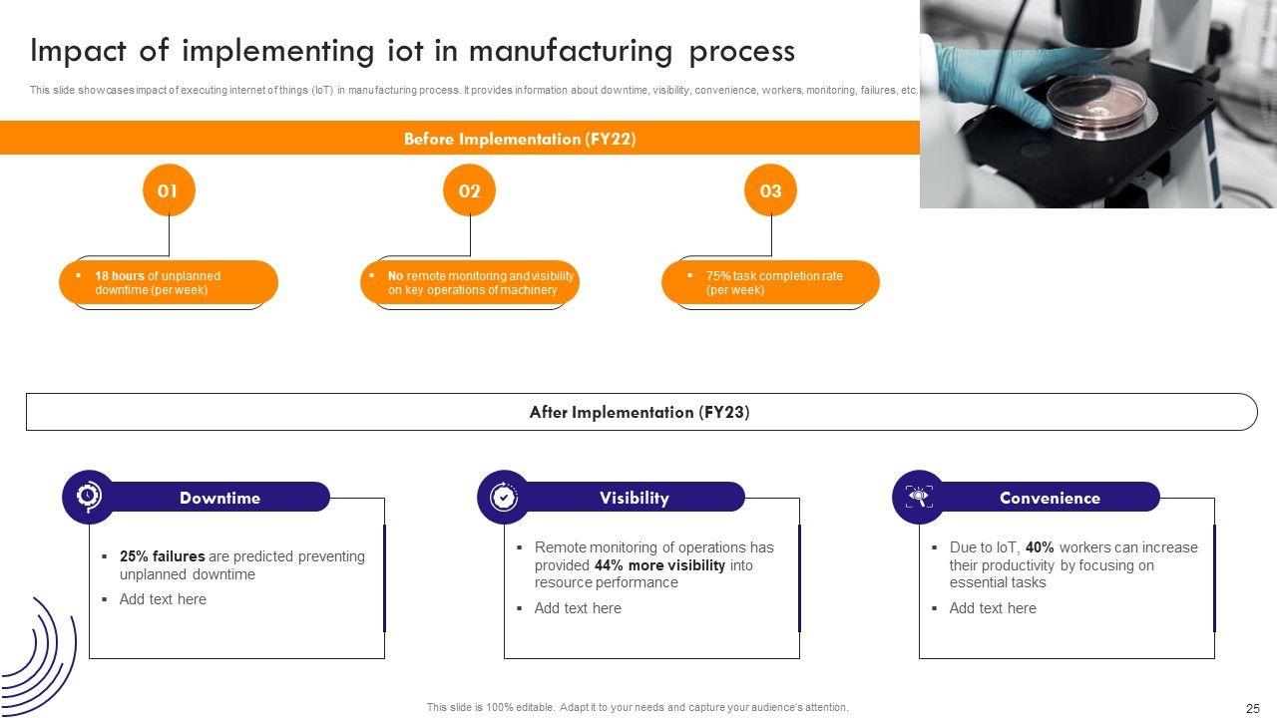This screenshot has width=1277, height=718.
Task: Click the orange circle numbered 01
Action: (169, 190)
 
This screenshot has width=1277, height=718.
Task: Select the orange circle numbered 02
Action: (469, 190)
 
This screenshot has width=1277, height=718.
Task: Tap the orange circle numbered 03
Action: (770, 190)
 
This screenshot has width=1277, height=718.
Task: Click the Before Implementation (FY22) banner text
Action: (520, 140)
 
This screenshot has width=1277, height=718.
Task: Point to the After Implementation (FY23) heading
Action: (639, 412)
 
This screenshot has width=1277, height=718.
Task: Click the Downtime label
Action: (219, 498)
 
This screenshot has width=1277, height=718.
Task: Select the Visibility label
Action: (635, 498)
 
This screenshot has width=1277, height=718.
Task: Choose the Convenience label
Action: (1050, 498)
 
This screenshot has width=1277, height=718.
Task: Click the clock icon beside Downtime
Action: (89, 497)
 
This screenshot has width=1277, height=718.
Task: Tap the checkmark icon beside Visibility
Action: (504, 497)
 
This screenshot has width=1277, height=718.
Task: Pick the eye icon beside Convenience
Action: (918, 497)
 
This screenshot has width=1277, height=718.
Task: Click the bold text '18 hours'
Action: (120, 276)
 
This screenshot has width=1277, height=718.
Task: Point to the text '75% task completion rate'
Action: (774, 276)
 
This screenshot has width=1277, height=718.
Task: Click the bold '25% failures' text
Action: (163, 556)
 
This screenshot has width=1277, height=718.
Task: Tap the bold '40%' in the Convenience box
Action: (1040, 547)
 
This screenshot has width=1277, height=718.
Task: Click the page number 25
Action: (1253, 708)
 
